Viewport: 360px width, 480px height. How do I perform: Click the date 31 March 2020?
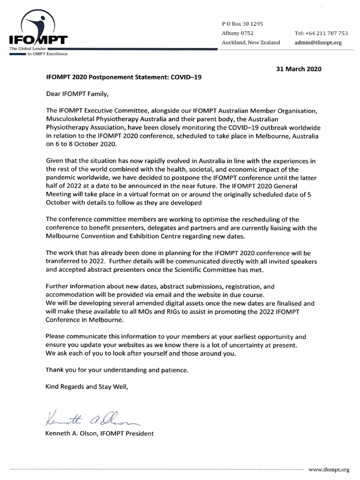click(299, 68)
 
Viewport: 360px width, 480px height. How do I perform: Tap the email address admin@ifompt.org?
click(318, 43)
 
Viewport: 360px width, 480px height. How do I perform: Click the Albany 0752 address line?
click(238, 33)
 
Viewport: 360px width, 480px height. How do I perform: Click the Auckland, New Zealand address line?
click(251, 43)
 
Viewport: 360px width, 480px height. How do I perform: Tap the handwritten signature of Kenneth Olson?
click(90, 415)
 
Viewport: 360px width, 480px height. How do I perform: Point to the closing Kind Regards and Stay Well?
click(86, 387)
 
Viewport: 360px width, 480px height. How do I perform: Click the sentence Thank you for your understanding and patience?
click(117, 370)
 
